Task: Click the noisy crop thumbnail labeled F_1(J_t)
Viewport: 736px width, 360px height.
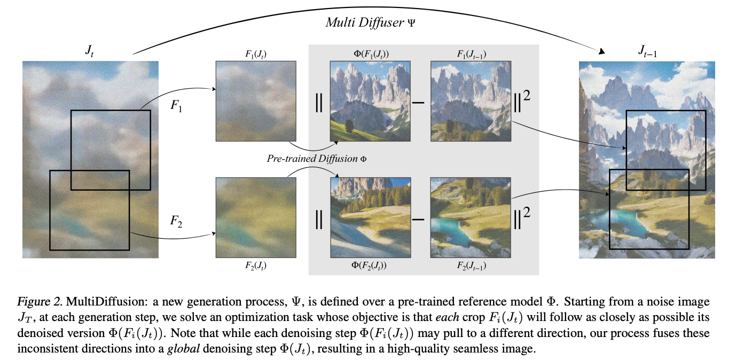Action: coord(256,101)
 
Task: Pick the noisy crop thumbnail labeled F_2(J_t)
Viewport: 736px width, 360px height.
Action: coord(256,218)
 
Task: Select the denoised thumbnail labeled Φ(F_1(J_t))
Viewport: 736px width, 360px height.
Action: coord(371,101)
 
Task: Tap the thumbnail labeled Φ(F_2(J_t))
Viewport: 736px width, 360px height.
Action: coord(371,218)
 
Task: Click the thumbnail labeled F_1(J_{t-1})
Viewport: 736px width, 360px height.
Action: coord(471,101)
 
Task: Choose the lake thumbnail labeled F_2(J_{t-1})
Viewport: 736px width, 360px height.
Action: coord(471,218)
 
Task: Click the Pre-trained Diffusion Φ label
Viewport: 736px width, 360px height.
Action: coord(317,159)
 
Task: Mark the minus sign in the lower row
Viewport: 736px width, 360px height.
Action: coord(420,220)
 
